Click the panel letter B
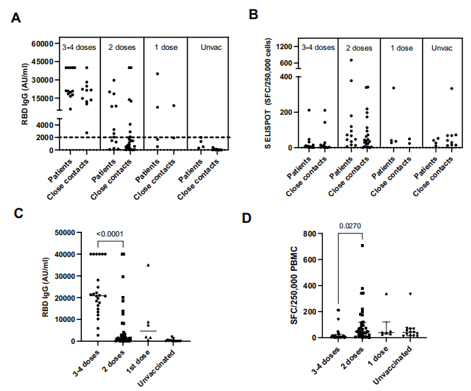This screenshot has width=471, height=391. pyautogui.click(x=253, y=14)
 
